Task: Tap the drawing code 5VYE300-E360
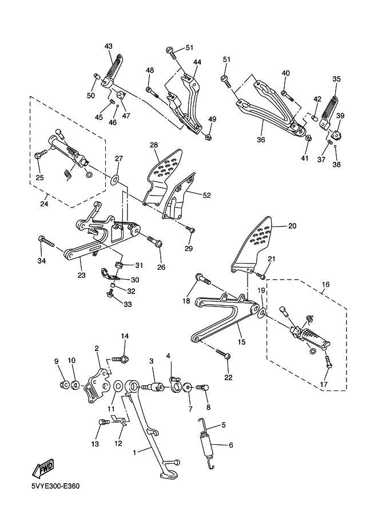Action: pos(55,487)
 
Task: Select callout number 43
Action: pos(109,46)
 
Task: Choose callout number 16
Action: pos(325,284)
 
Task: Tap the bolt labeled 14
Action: pos(121,359)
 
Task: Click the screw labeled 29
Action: pos(191,230)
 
